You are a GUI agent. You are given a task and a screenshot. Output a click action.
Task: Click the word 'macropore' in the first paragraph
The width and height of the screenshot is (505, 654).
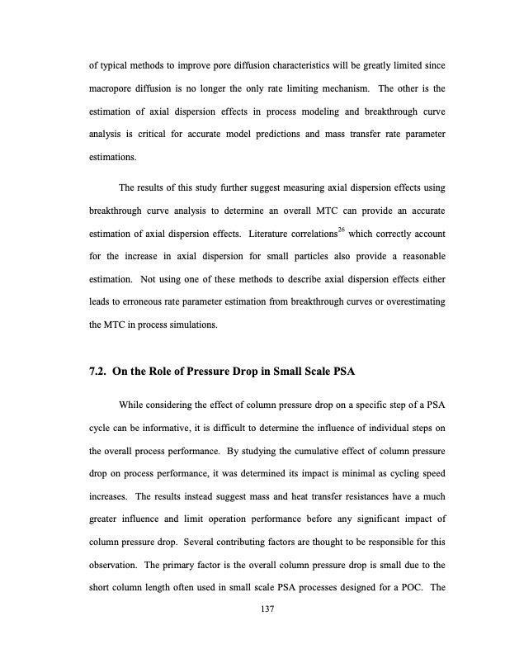[x=113, y=87]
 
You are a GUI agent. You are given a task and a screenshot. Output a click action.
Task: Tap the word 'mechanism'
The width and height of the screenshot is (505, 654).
[x=356, y=87]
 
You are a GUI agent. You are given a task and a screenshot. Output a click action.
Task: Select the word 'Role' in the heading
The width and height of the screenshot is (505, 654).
[x=166, y=371]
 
